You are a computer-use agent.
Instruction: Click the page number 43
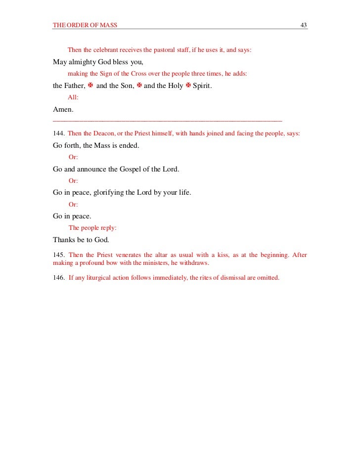(304, 25)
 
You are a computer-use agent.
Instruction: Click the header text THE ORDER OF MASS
(85, 25)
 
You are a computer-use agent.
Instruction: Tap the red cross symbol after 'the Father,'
(90, 85)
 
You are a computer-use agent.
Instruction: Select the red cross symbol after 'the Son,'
(139, 85)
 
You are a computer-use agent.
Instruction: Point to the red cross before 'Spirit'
(188, 85)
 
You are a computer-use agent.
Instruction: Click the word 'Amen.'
(63, 109)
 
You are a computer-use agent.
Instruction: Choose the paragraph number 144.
(58, 133)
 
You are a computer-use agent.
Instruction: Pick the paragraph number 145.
(58, 255)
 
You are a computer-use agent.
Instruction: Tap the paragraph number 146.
(58, 277)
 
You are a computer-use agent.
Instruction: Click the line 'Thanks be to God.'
(81, 240)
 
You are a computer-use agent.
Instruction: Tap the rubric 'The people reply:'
(92, 228)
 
